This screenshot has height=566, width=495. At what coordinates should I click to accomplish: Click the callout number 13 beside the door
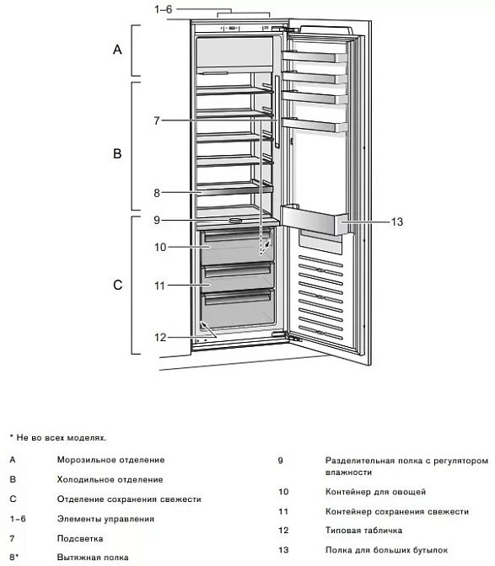click(396, 222)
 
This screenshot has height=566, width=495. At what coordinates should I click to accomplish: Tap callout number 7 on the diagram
click(157, 120)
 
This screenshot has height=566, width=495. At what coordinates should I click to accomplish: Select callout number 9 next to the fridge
click(157, 220)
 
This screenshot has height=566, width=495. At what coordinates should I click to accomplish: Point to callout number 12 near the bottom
click(160, 337)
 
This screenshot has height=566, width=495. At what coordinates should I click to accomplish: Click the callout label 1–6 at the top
click(164, 9)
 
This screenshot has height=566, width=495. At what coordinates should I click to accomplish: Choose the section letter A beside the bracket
click(117, 50)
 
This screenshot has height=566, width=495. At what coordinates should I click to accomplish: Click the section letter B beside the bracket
click(117, 153)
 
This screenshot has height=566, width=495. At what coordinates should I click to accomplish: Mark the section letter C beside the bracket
click(118, 285)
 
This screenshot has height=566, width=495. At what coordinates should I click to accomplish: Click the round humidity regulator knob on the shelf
click(235, 220)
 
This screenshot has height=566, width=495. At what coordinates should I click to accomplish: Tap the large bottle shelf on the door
click(314, 219)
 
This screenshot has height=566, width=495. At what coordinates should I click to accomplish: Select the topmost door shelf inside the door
click(315, 57)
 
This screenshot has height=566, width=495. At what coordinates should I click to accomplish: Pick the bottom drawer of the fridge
click(238, 307)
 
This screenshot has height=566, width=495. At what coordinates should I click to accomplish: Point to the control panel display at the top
click(233, 28)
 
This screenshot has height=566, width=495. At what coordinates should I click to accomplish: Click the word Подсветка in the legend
click(80, 538)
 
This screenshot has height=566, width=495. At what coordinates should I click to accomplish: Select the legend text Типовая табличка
click(363, 531)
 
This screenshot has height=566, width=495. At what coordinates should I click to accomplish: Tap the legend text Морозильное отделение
click(110, 460)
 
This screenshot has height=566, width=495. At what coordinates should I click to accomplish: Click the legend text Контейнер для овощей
click(375, 492)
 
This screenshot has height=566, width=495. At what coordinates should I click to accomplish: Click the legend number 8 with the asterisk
click(13, 558)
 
